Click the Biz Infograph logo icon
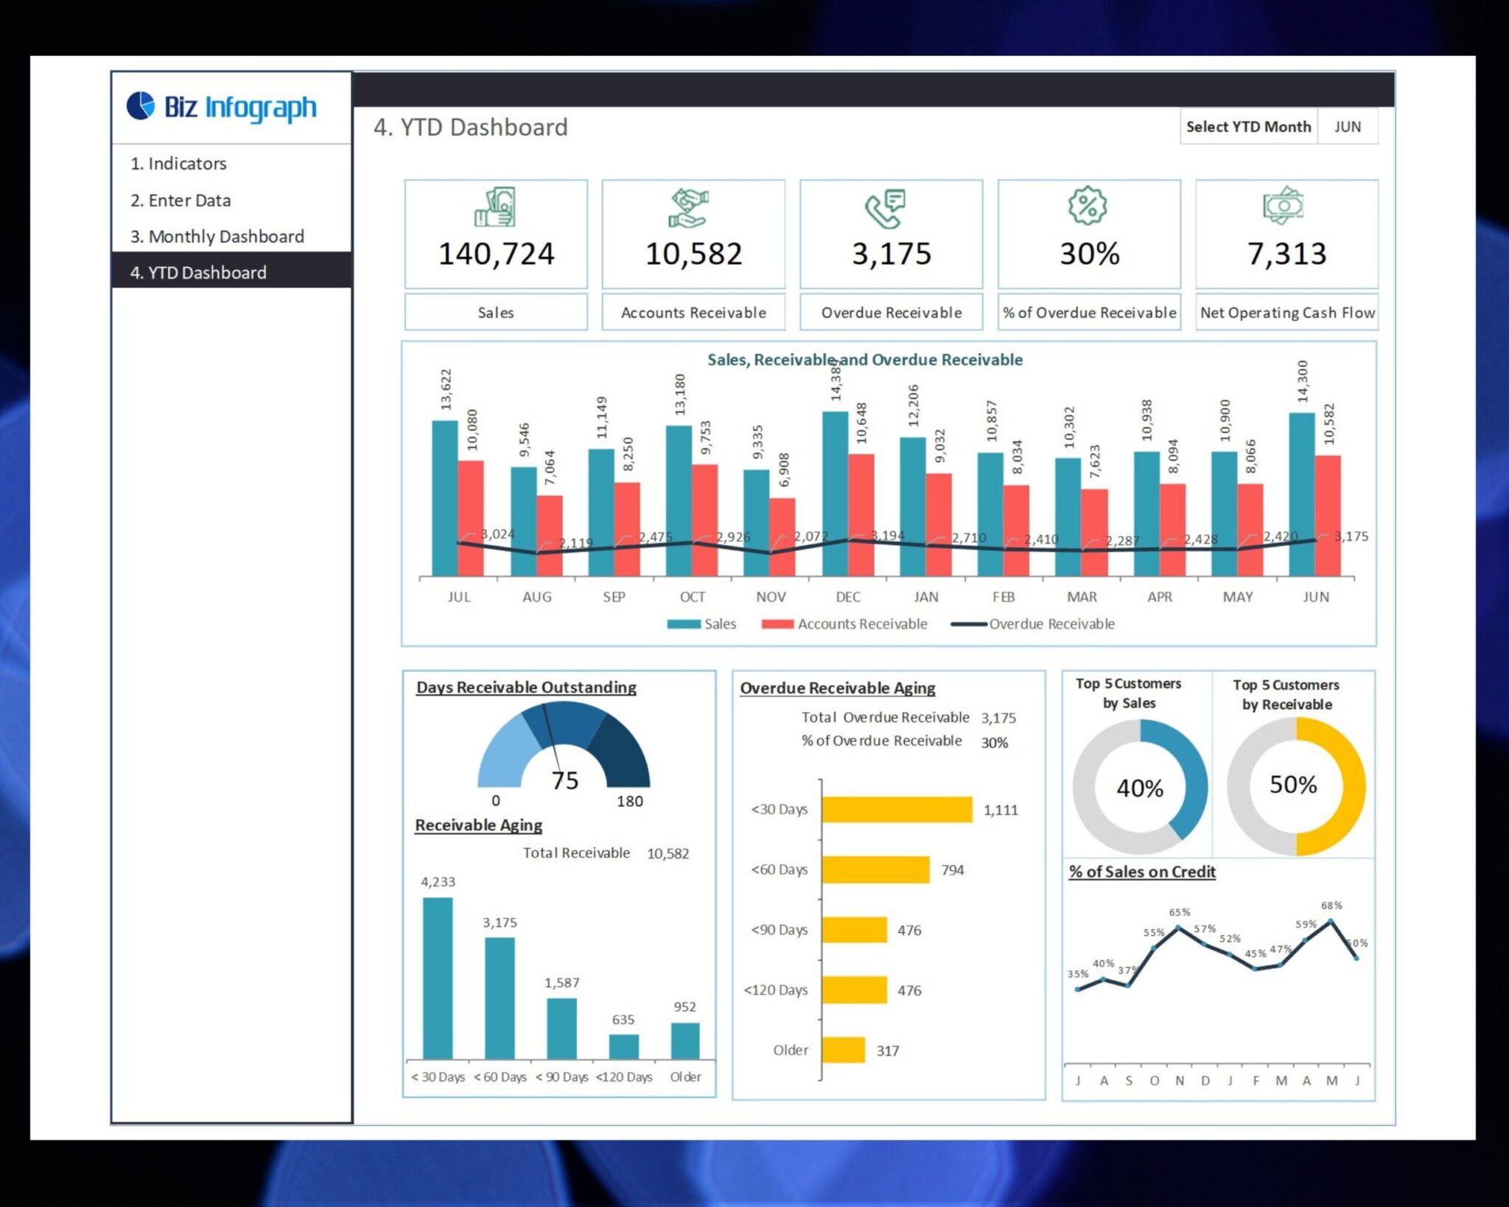pos(140,105)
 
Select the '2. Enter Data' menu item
pos(181,200)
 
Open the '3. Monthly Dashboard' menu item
pos(217,237)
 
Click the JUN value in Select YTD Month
pos(1347,127)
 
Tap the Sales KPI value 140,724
pos(496,254)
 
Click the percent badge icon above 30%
pos(1088,206)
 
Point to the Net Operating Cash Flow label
pos(1286,312)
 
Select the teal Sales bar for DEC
pos(835,494)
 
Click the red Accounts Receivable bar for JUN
pos(1328,516)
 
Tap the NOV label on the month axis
pos(771,597)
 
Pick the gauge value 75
pos(565,780)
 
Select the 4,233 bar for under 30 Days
pos(438,978)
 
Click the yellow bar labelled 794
pos(875,870)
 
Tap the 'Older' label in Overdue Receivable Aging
pos(791,1050)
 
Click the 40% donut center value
pos(1140,788)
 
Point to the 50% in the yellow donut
pos(1293,785)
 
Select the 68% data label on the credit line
pos(1331,906)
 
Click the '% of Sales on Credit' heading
pos(1142,872)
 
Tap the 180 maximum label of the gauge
pos(629,801)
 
